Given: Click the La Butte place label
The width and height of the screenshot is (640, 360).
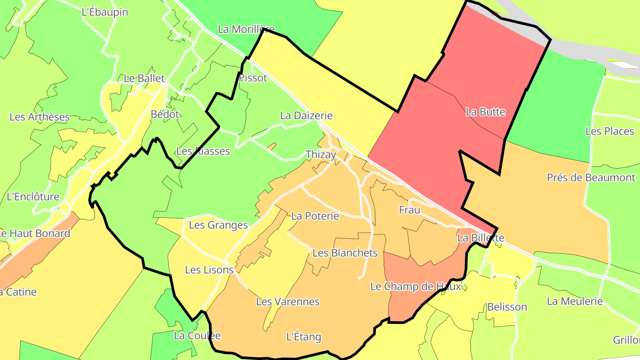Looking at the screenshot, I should (x=485, y=112).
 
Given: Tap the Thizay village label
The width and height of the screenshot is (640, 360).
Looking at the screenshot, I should (x=321, y=155).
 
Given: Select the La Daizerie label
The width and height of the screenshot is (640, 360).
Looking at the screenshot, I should (x=306, y=116).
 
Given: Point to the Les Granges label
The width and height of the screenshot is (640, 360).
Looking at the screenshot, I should (x=218, y=225).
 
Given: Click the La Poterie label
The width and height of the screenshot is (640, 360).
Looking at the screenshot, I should (x=315, y=216).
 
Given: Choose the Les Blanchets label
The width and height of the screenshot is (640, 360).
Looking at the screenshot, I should (x=345, y=253).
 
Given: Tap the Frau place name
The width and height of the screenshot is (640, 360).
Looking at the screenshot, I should (x=409, y=210).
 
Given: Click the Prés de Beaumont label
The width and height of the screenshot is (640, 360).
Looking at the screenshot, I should (x=591, y=178).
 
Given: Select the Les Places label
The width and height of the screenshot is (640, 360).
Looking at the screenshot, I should (x=609, y=131).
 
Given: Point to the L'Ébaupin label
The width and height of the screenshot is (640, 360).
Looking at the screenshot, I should (x=105, y=12).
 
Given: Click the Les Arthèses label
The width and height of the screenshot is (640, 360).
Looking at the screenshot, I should (x=40, y=117).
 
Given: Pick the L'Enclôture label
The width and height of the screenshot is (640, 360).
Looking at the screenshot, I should (x=33, y=196).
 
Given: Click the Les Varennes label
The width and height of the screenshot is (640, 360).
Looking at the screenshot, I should (x=288, y=302).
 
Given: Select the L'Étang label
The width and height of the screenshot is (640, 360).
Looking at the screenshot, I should (x=304, y=336).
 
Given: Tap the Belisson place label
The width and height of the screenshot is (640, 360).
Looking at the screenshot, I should (x=507, y=307).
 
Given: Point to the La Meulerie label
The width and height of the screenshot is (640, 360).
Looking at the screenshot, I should (x=575, y=301).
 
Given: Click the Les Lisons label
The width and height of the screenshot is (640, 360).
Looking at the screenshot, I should (x=209, y=270).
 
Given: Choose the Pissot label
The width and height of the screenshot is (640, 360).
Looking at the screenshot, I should (x=253, y=78).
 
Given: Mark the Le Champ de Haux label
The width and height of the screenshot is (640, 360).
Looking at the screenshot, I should (x=416, y=287).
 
